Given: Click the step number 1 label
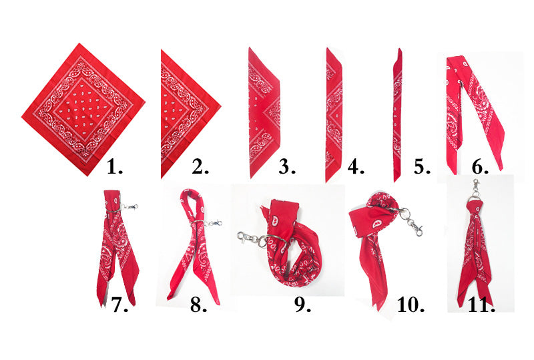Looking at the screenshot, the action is click(115, 167).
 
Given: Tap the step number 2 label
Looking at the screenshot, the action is click(200, 167).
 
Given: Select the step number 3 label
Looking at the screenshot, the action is click(287, 167).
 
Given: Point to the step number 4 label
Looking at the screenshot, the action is click(356, 167).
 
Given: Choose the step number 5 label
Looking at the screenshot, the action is click(423, 167).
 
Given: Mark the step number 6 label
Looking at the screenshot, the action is click(480, 167).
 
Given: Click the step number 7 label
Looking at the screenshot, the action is click(119, 305).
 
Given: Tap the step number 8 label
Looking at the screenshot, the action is click(198, 305).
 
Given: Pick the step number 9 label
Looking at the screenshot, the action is click(303, 305).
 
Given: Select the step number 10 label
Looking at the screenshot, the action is click(411, 305).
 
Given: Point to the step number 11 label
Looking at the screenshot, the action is click(481, 305).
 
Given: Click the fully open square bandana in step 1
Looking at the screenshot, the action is click(83, 109).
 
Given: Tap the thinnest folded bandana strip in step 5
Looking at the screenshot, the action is click(397, 116).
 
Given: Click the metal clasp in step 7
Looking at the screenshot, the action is click(130, 206).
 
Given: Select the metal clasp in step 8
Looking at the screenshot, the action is click(214, 224).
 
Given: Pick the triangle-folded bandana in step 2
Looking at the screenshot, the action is click(191, 114).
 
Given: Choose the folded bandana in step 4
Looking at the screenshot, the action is click(333, 115).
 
